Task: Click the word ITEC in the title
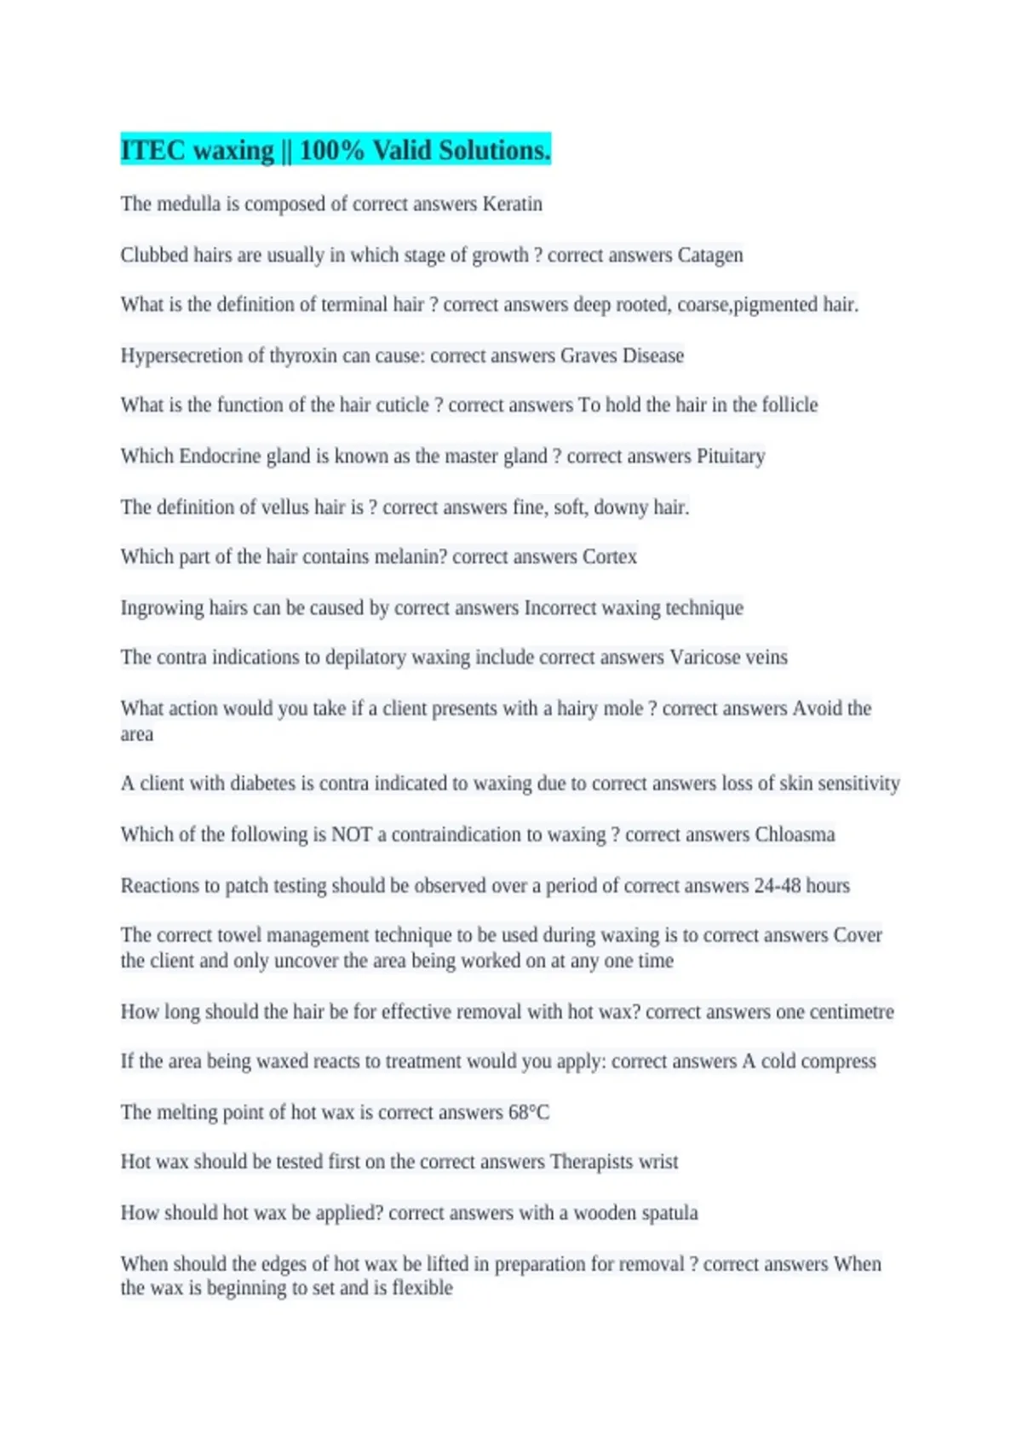[x=152, y=150]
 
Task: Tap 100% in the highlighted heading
[x=331, y=150]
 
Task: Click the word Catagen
[x=710, y=256]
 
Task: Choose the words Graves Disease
[x=622, y=355]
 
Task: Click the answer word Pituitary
[x=731, y=457]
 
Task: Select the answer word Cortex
[x=610, y=557]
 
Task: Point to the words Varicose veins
[x=729, y=658]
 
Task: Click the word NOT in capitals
[x=352, y=835]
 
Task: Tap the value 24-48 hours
[x=801, y=886]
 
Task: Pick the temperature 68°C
[x=529, y=1112]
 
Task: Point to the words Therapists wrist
[x=614, y=1162]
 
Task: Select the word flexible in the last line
[x=422, y=1288]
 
